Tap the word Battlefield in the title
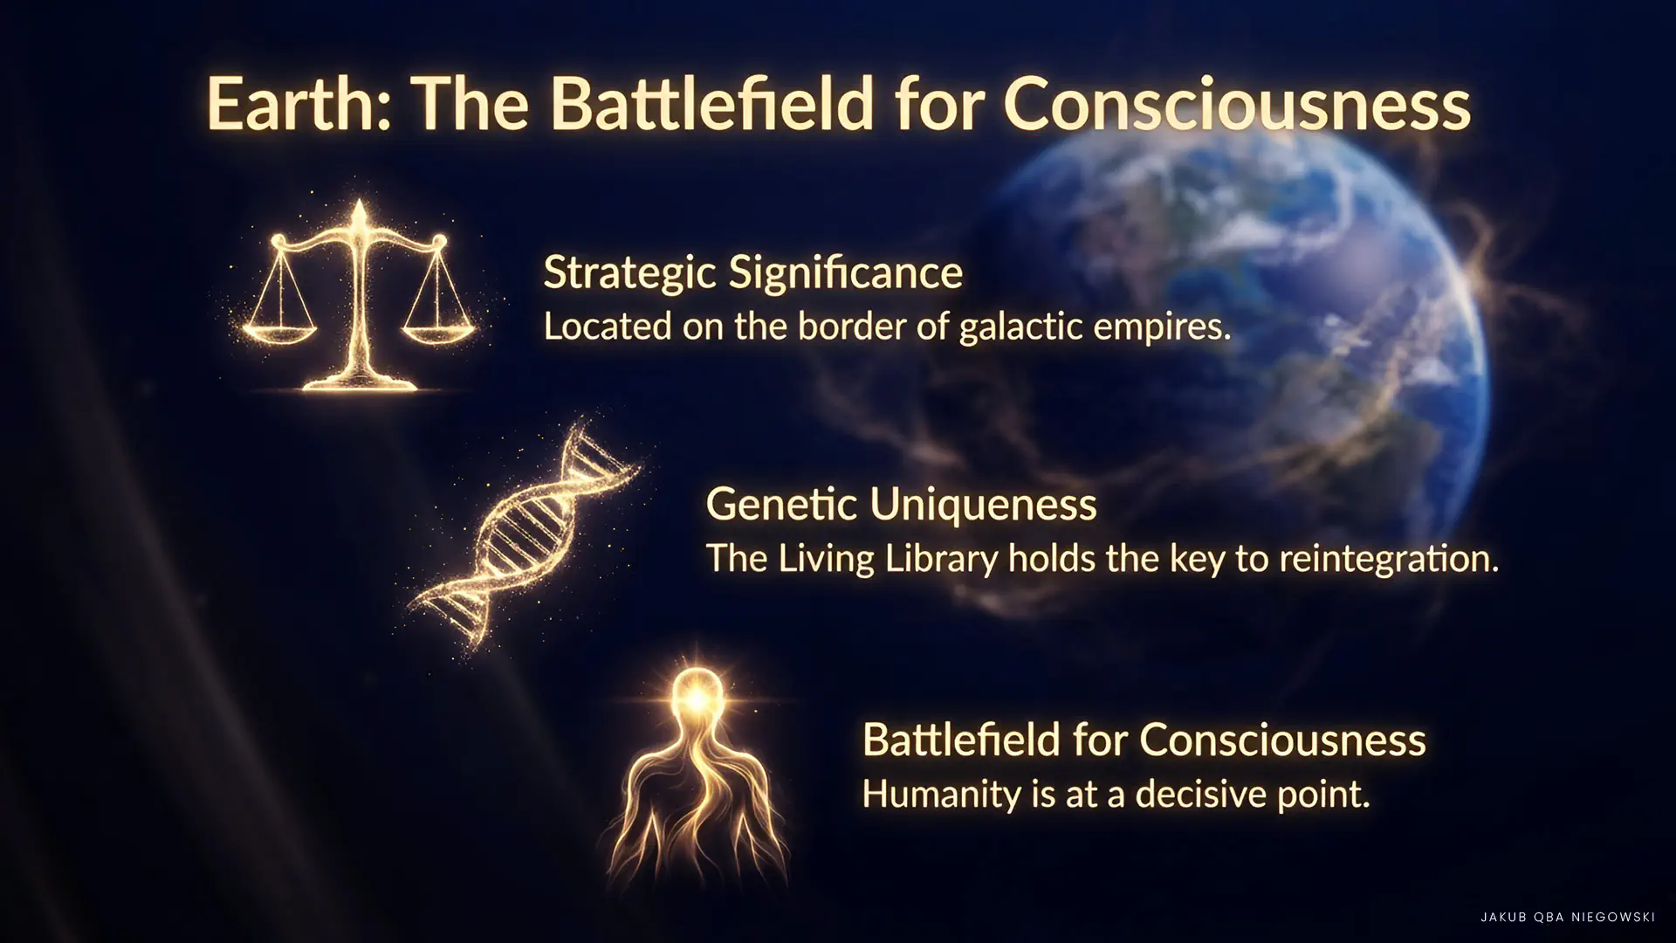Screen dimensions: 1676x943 (711, 104)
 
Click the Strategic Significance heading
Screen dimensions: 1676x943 (752, 273)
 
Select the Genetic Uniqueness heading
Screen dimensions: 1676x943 (901, 505)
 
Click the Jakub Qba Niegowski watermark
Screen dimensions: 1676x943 (1568, 917)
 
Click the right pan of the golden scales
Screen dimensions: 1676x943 (439, 332)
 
